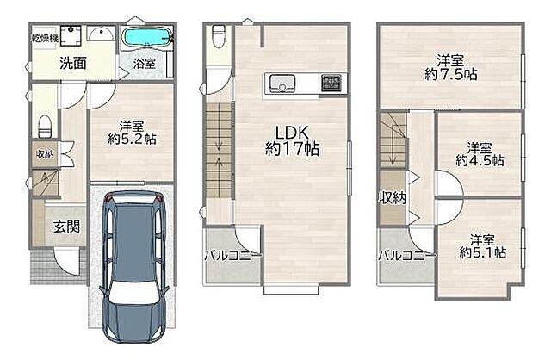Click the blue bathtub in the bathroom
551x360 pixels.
147,36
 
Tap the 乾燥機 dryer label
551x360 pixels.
45,38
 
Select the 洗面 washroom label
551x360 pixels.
72,63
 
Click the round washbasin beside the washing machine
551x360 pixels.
101,34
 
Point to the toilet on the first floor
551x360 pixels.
45,127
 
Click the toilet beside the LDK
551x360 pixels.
219,36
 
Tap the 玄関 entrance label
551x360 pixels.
66,227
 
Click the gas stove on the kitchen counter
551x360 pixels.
331,84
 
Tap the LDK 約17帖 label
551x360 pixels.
292,141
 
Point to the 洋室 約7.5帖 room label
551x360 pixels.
450,67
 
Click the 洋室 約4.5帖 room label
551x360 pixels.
480,154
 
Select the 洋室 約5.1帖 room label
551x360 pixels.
482,246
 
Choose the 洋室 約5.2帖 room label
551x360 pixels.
132,133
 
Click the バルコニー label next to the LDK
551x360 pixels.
233,256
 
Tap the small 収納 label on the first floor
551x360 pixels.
45,153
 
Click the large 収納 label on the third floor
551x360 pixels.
393,198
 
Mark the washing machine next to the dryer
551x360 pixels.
71,35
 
